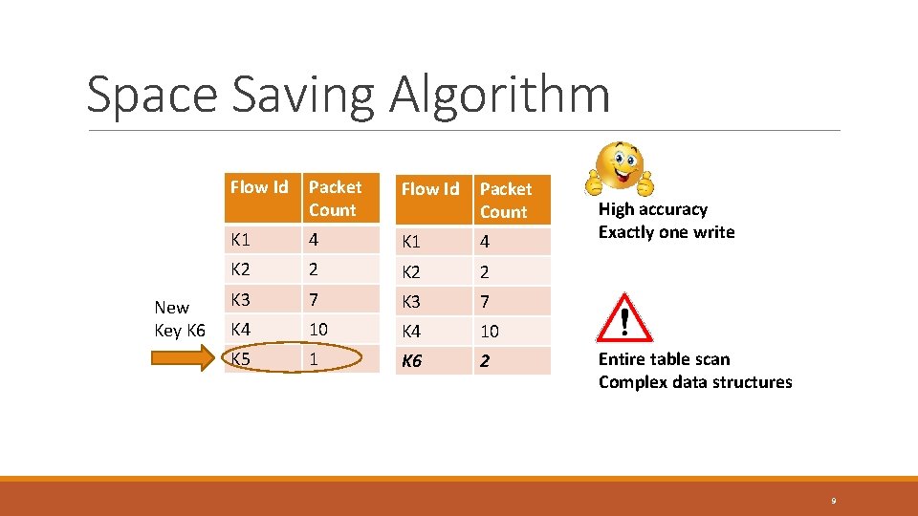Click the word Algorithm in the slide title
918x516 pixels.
499,96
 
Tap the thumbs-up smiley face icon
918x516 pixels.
621,169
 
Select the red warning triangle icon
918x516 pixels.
623,317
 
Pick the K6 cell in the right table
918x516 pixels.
411,361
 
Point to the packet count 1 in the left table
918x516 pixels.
314,359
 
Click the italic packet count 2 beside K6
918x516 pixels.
485,361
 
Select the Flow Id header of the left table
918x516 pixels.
258,187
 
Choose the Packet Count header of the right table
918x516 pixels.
505,201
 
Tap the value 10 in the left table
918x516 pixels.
318,329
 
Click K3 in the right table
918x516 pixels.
411,302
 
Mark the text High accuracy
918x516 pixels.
652,209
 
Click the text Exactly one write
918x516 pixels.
667,232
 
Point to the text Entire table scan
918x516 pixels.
664,359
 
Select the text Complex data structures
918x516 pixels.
695,382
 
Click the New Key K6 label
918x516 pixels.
179,319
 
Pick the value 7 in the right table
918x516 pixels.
485,302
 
